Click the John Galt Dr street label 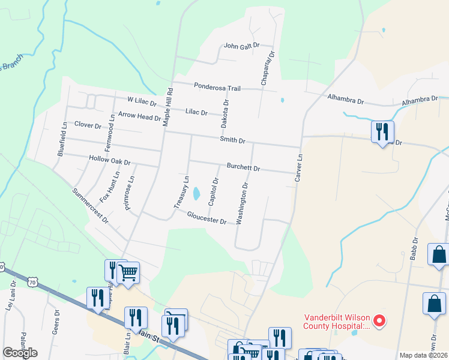241,46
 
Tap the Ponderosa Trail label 217,88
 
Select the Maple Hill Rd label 169,106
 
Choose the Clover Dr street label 88,125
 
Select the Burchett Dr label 243,168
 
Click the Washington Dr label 242,204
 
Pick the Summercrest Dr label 90,206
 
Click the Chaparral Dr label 267,67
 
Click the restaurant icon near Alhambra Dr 382,131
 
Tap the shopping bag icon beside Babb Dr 438,254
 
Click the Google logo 20,353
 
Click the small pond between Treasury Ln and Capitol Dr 196,193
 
